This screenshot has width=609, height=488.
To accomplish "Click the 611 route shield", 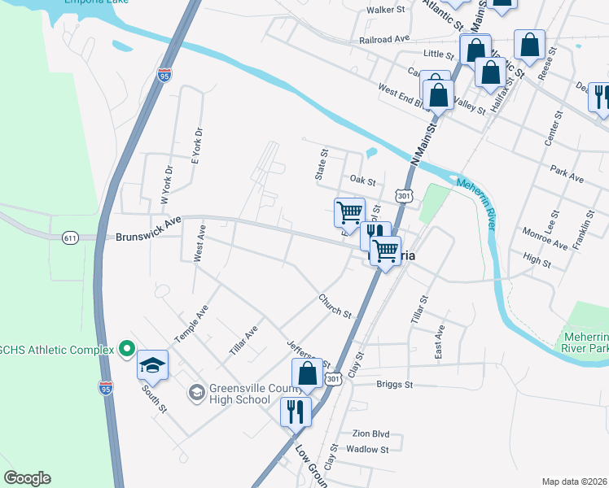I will (x=71, y=237).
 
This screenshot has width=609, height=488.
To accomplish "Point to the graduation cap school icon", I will (x=152, y=366).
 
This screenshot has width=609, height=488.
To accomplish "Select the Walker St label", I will (x=385, y=10).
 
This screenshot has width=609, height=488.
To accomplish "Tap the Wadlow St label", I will (x=367, y=449).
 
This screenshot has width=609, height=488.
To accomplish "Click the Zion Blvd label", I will (x=370, y=434).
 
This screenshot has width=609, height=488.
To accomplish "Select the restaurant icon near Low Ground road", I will (x=296, y=412).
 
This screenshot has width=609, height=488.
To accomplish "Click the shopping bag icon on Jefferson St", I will (x=308, y=374).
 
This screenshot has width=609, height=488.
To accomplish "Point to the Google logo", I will (x=27, y=478).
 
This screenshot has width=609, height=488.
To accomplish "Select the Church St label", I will (x=335, y=307).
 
